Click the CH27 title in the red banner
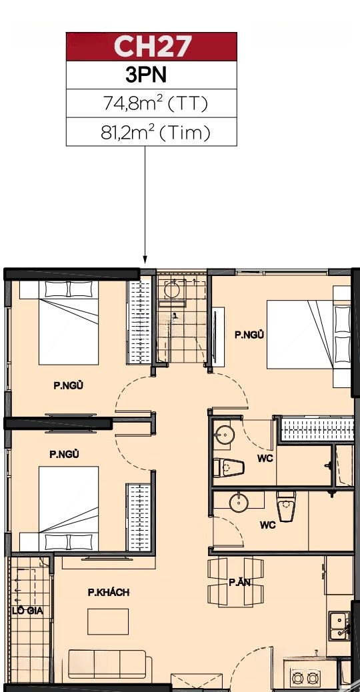click(152, 47)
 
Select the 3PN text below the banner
click(147, 75)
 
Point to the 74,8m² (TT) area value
click(155, 104)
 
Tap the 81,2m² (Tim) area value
click(155, 132)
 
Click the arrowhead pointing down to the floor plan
click(145, 259)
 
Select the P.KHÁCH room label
click(109, 592)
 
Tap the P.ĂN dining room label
click(239, 583)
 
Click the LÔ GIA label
click(27, 611)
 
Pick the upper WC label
click(265, 459)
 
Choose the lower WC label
click(267, 525)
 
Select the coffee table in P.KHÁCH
click(108, 621)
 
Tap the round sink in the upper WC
click(225, 434)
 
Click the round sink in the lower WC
click(239, 503)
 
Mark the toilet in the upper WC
click(229, 468)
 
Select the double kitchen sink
click(340, 625)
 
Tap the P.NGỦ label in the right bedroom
click(249, 335)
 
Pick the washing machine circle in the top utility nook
click(171, 290)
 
